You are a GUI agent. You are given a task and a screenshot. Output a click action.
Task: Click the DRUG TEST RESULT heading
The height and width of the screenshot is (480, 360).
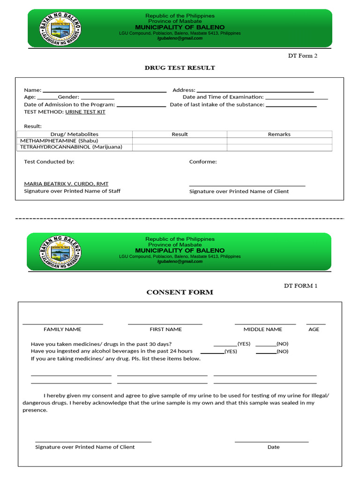tap(180, 68)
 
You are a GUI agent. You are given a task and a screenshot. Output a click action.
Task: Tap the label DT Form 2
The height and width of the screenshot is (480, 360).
tap(302, 56)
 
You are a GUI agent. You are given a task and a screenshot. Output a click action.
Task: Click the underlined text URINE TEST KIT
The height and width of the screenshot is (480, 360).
tap(85, 112)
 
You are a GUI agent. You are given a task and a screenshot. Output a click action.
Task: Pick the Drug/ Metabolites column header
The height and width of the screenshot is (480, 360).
tap(75, 134)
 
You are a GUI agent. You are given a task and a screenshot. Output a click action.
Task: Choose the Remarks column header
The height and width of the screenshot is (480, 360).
tap(279, 134)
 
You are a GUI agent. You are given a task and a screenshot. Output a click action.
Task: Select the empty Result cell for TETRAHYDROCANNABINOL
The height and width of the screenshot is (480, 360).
tap(180, 147)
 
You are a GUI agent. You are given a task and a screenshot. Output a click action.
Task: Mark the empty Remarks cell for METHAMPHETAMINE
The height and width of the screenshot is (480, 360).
tap(279, 141)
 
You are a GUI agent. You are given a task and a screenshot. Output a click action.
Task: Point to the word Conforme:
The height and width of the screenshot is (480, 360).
tap(203, 162)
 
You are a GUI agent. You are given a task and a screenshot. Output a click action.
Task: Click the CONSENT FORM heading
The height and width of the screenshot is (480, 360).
tap(180, 292)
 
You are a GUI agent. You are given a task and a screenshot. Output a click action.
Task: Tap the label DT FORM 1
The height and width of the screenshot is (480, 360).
tap(300, 285)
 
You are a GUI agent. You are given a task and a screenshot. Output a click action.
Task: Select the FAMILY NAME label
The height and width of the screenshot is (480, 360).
tap(62, 330)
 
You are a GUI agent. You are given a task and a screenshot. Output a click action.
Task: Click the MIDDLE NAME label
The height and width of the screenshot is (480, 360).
tap(263, 330)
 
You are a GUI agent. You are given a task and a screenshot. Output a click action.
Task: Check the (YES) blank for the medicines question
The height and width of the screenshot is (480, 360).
tap(225, 344)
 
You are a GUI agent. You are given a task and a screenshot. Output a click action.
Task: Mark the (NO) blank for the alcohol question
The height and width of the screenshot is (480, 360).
tap(266, 352)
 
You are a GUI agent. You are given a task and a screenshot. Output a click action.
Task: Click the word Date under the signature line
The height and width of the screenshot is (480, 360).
tap(273, 447)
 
